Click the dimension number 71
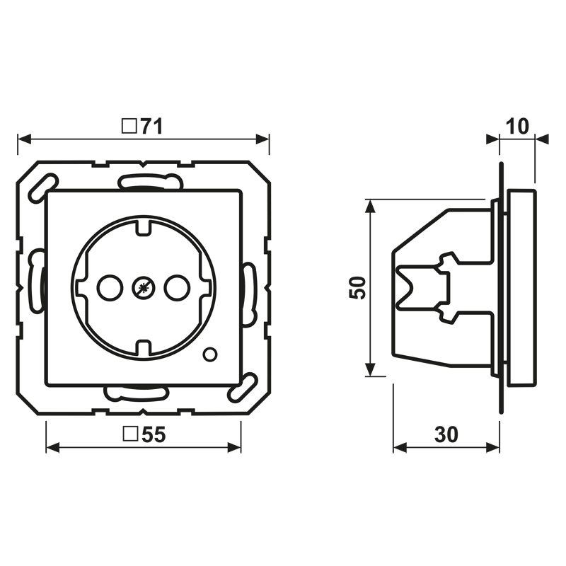(x=151, y=126)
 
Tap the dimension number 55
(x=154, y=434)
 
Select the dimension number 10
(x=517, y=127)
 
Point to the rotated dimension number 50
(x=357, y=288)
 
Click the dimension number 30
(x=446, y=434)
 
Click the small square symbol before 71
(x=129, y=126)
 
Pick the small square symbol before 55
(x=130, y=434)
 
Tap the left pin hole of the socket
(x=110, y=288)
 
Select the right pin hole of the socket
(x=178, y=288)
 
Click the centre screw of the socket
(x=144, y=288)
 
